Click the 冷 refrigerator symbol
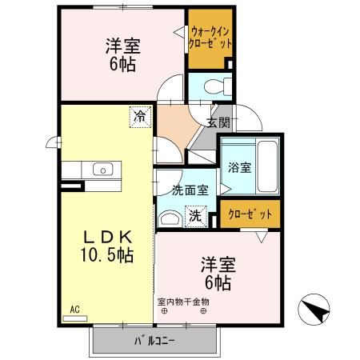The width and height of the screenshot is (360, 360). (x=140, y=117)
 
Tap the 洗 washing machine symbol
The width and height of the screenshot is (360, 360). (x=194, y=214)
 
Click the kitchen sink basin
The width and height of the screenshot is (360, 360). (x=102, y=169)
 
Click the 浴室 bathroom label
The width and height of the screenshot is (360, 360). (x=239, y=168)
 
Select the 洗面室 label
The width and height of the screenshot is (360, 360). (x=190, y=190)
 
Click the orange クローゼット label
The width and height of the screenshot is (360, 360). (x=250, y=214)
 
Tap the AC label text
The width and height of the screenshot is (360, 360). (x=74, y=309)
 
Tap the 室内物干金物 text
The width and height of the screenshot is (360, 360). (x=183, y=302)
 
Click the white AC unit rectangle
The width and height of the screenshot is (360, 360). (x=74, y=318)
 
